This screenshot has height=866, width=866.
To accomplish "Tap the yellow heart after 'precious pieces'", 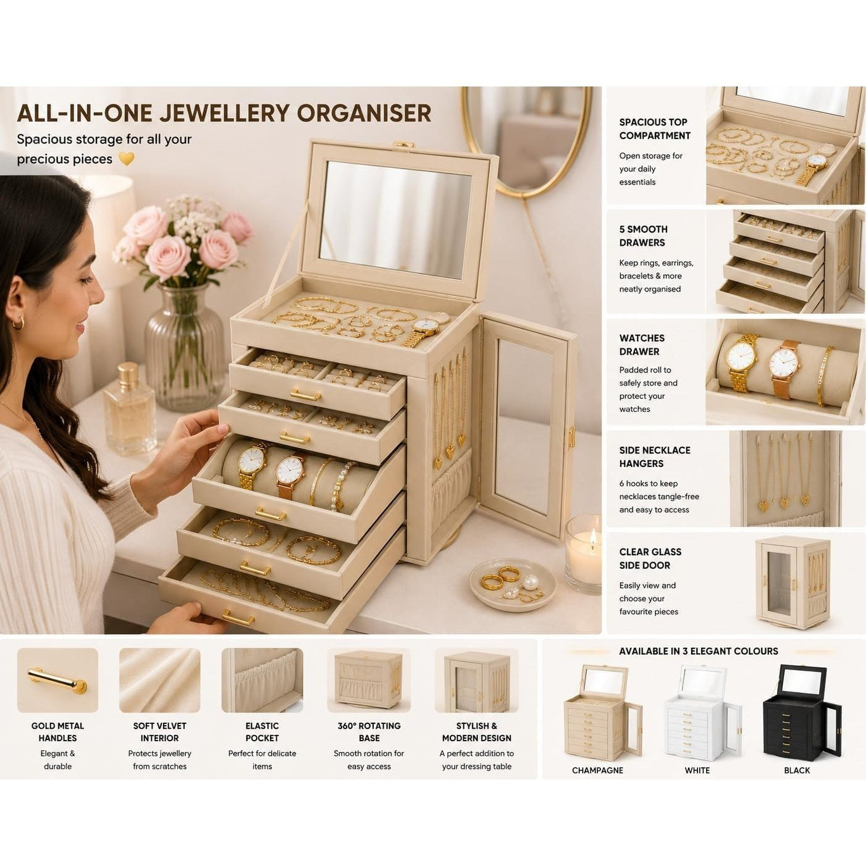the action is pyautogui.click(x=127, y=159).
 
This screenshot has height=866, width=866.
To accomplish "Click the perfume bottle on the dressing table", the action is pyautogui.click(x=129, y=410).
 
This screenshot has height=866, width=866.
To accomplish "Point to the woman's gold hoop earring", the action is pyautogui.click(x=17, y=322).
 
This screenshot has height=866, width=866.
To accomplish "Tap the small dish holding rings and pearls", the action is pyautogui.click(x=513, y=585).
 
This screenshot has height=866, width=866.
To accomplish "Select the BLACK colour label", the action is pyautogui.click(x=797, y=770).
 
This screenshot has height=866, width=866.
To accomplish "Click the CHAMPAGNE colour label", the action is pyautogui.click(x=597, y=770).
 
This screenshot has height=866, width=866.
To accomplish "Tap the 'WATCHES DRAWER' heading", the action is pyautogui.click(x=642, y=345).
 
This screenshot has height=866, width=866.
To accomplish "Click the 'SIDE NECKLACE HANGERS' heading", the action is pyautogui.click(x=654, y=456).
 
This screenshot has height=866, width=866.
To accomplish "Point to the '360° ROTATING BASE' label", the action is pyautogui.click(x=369, y=731).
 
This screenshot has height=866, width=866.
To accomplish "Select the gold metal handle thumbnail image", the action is pyautogui.click(x=57, y=681).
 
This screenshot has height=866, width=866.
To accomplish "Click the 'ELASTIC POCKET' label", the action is pyautogui.click(x=262, y=731).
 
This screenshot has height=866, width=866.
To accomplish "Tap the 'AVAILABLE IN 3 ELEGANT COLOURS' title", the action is pyautogui.click(x=699, y=651).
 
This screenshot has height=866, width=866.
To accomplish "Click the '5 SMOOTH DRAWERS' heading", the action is pyautogui.click(x=643, y=236).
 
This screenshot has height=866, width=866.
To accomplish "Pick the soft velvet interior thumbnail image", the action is pyautogui.click(x=159, y=681).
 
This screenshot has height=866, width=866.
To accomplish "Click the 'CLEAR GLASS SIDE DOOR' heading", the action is pyautogui.click(x=650, y=558).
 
